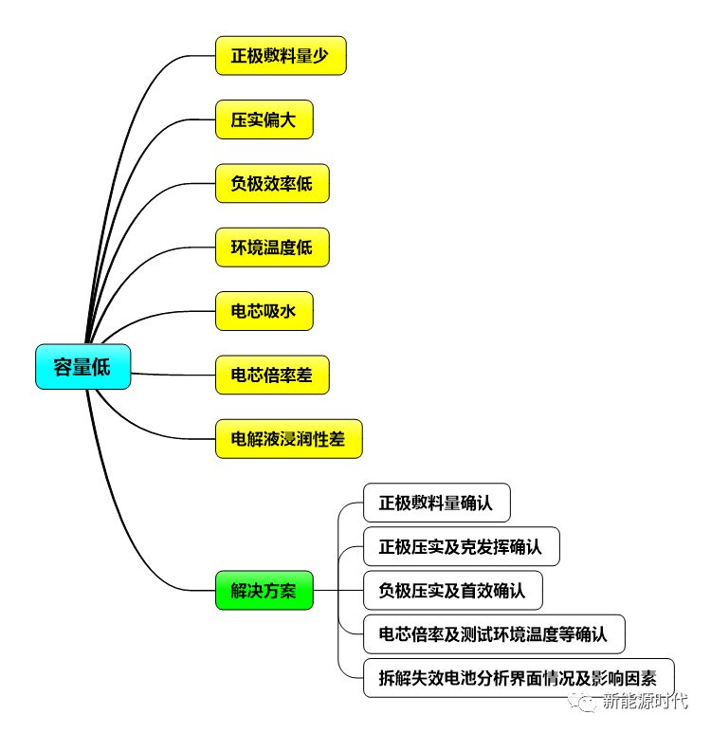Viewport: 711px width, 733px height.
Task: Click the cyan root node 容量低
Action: (82, 368)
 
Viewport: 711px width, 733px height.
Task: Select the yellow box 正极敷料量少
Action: (281, 56)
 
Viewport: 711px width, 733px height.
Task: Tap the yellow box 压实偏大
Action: (264, 120)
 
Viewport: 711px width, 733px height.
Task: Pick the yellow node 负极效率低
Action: (271, 184)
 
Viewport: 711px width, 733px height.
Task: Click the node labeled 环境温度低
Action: (271, 247)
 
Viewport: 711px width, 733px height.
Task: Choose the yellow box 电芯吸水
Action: (264, 311)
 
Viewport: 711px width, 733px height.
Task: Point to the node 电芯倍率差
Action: (271, 376)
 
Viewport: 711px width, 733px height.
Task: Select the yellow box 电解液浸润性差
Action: (288, 439)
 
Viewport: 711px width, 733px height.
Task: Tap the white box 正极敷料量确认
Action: (436, 504)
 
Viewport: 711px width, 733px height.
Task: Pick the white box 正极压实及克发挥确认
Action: (461, 547)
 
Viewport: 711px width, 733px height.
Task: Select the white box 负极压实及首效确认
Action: (452, 592)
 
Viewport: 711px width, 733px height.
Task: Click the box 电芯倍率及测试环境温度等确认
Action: (494, 634)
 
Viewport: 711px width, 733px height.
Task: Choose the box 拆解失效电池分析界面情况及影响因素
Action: (519, 678)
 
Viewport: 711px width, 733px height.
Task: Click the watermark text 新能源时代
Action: (650, 703)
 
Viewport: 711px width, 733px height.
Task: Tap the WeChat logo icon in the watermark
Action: (592, 703)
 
